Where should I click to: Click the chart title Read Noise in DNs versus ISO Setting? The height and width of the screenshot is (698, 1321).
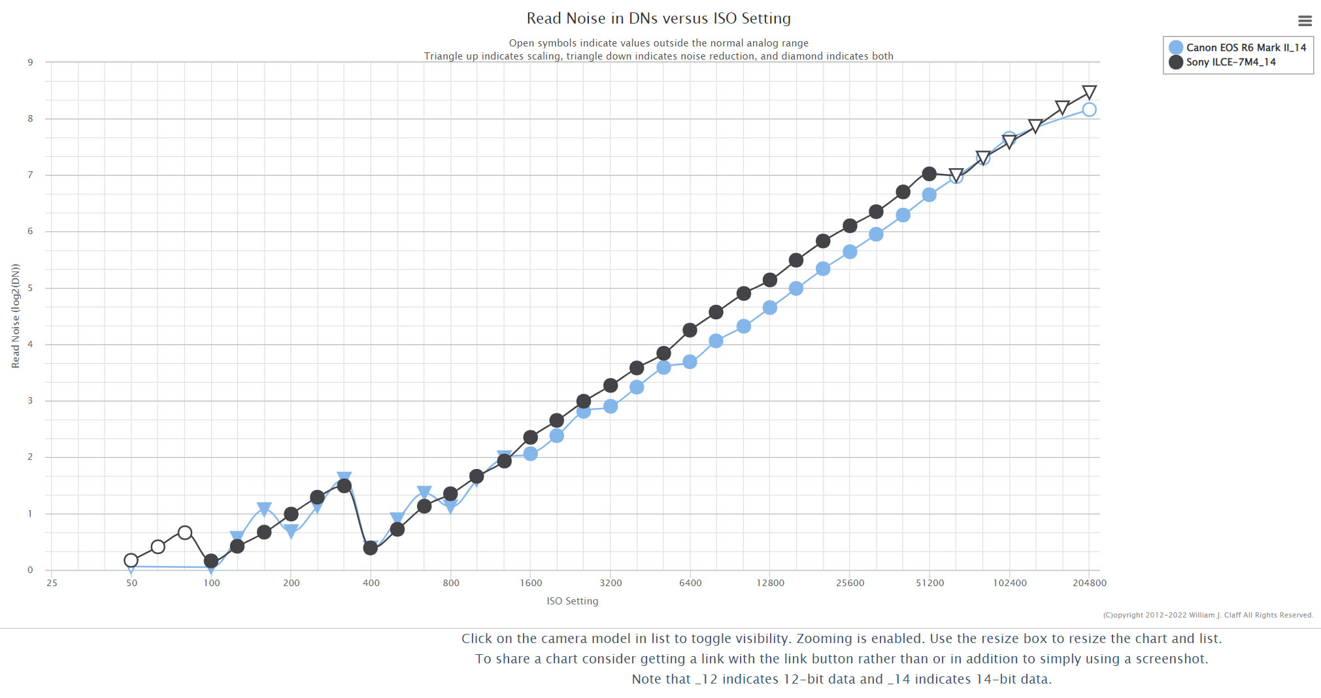pos(658,18)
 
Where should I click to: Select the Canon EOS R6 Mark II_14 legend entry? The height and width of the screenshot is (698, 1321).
pos(1245,48)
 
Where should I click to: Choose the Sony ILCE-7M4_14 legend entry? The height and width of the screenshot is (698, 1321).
pos(1230,62)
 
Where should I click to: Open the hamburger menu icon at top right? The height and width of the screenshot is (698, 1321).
pos(1305,21)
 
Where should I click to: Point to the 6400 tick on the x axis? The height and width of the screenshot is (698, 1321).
pos(690,583)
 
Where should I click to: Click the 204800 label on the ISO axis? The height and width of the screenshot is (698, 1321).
pos(1089,583)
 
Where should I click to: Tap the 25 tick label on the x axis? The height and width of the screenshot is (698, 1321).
pos(52,583)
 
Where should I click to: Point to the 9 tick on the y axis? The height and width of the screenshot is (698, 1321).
pos(30,62)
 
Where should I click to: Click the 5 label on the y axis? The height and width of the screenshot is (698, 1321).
pos(30,288)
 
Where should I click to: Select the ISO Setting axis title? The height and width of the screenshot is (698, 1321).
pos(572,601)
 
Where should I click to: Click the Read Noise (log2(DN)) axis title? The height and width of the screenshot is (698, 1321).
pos(16,316)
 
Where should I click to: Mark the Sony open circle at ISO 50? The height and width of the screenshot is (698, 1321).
pos(131,561)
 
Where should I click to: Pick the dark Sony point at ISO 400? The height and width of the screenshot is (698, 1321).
pos(371,548)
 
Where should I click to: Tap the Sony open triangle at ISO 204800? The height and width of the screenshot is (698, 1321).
pos(1089,92)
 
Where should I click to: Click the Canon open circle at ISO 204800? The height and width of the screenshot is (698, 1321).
pos(1089,110)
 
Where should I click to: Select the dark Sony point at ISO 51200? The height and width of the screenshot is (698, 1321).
pos(929,174)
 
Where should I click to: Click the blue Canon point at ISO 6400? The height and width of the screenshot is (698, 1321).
pos(690,362)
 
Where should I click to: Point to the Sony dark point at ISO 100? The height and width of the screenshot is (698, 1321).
pos(210,561)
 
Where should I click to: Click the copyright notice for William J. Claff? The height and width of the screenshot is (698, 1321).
pos(1208,615)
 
